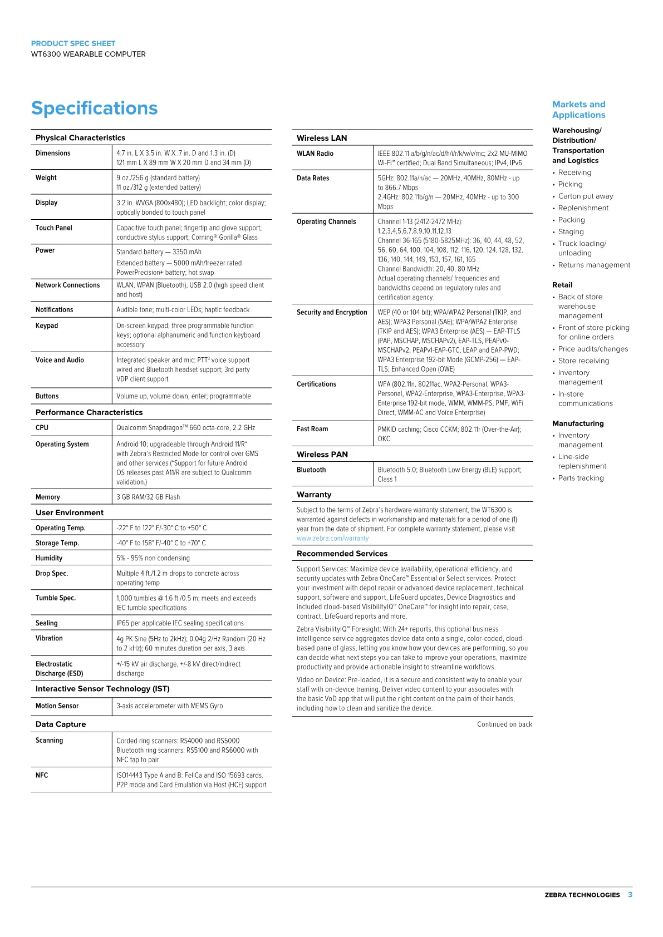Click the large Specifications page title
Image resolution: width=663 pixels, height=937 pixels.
(94, 108)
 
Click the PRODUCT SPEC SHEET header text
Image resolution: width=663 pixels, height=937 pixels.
(73, 43)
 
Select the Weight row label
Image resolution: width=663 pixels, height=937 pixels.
(46, 178)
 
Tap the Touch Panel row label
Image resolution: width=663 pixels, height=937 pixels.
(54, 228)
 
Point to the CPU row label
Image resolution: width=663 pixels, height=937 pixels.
(42, 428)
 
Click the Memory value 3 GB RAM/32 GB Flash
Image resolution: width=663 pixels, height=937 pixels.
(148, 497)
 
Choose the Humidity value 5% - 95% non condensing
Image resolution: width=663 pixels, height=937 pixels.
(153, 559)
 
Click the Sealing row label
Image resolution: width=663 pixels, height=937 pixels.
(47, 624)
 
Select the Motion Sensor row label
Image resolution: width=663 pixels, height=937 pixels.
(57, 706)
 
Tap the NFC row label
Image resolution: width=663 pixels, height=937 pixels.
(42, 776)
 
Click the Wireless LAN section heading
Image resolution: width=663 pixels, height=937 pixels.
(322, 139)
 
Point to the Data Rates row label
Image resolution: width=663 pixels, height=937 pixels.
(313, 179)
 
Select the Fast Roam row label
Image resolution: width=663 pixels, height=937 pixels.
(312, 430)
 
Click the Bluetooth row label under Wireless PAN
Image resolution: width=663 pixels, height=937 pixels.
(311, 470)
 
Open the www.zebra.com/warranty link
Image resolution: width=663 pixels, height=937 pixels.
(333, 539)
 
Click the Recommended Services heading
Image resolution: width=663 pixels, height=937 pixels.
(342, 554)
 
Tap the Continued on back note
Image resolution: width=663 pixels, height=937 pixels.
(504, 724)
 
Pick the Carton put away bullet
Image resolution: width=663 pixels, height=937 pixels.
(586, 196)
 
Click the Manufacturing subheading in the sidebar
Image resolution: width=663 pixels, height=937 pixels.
(578, 423)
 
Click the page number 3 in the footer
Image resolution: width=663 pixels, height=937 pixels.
(630, 895)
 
